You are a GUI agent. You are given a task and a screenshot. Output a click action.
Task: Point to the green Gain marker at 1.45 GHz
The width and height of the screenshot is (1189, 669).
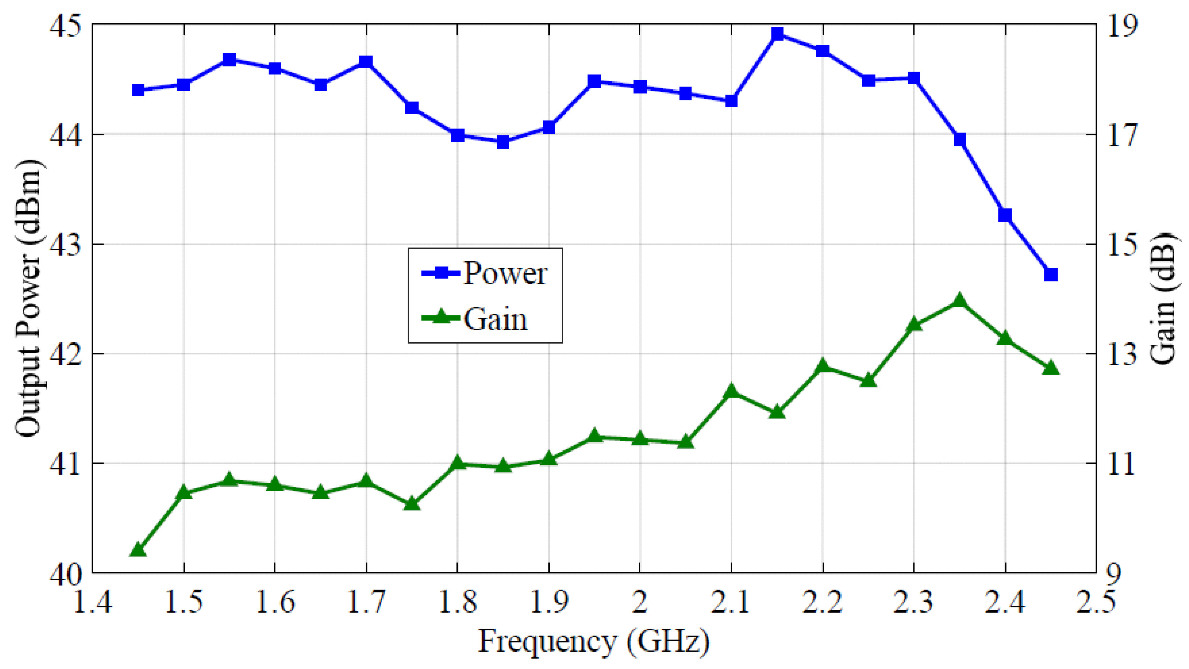(138, 550)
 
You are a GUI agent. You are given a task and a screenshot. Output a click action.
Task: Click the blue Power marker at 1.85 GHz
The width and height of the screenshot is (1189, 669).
(503, 142)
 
